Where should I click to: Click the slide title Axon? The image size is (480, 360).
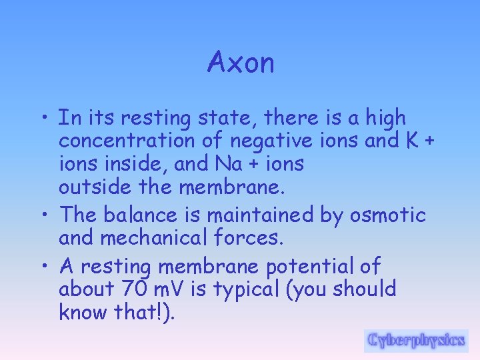pyautogui.click(x=241, y=63)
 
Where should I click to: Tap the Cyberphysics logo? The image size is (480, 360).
pyautogui.click(x=416, y=340)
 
